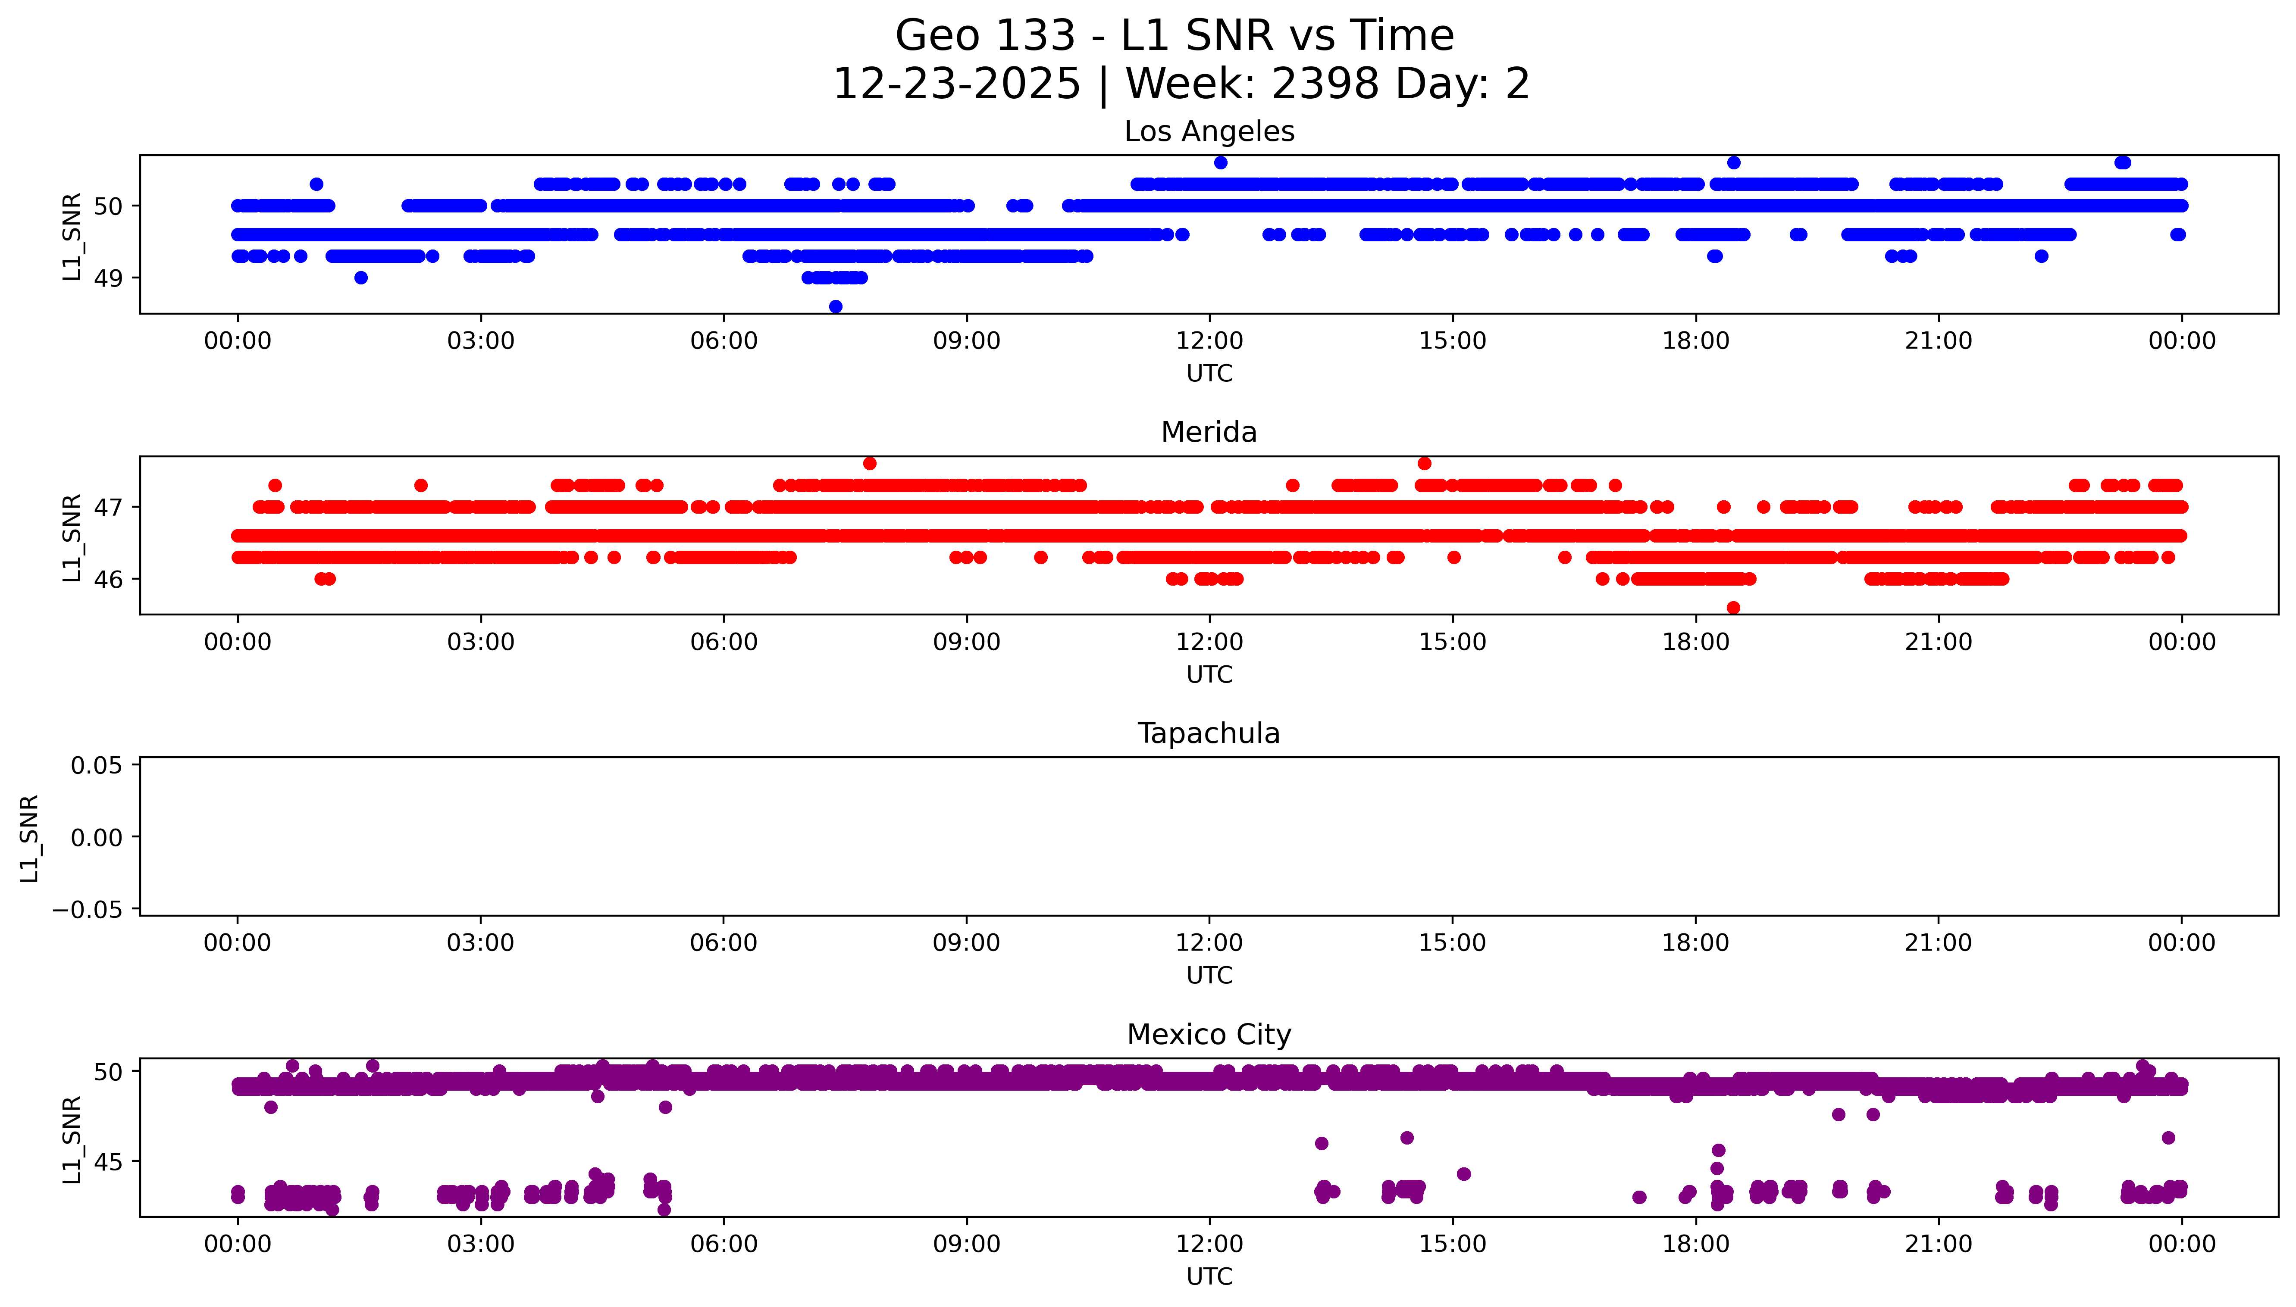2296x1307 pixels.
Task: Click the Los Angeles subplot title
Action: (1209, 132)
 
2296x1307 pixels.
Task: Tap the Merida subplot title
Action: (1209, 433)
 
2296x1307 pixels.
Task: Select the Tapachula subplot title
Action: (1209, 733)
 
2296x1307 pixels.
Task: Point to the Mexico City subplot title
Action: (1209, 1035)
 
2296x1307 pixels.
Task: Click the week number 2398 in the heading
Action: (1325, 84)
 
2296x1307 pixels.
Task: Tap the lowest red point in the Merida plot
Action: (1733, 608)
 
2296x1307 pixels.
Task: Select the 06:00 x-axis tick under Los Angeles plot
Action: (724, 341)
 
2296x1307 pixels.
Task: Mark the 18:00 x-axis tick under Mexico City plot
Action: (1695, 1244)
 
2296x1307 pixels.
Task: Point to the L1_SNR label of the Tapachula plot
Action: (30, 838)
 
